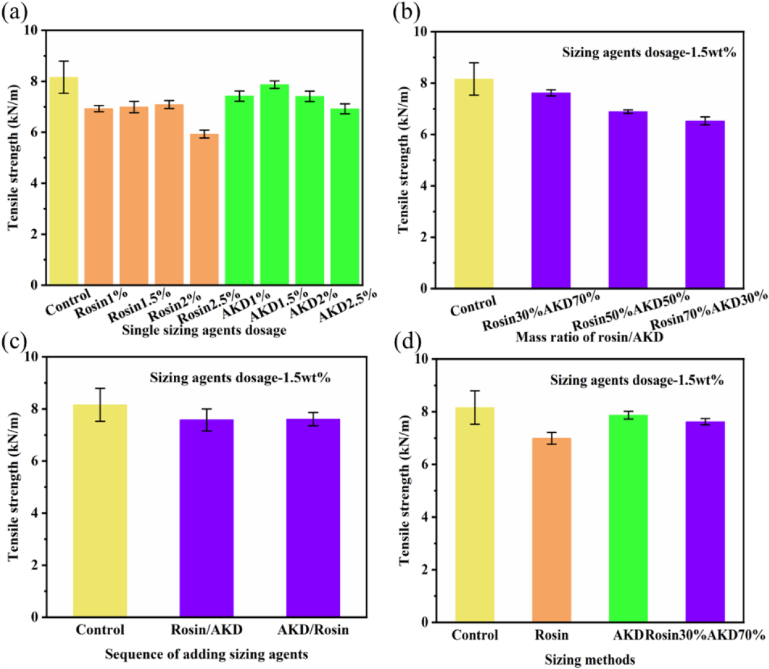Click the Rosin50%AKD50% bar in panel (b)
[628, 200]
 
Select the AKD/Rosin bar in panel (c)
[313, 518]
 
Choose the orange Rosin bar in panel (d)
[552, 530]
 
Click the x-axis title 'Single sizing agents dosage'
[204, 330]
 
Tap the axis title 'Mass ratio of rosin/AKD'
[589, 337]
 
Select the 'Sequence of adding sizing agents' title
[206, 654]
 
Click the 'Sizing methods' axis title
[589, 660]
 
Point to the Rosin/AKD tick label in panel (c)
[206, 630]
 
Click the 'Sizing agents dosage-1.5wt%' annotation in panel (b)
[649, 52]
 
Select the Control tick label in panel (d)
[475, 635]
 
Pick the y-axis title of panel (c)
[14, 486]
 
